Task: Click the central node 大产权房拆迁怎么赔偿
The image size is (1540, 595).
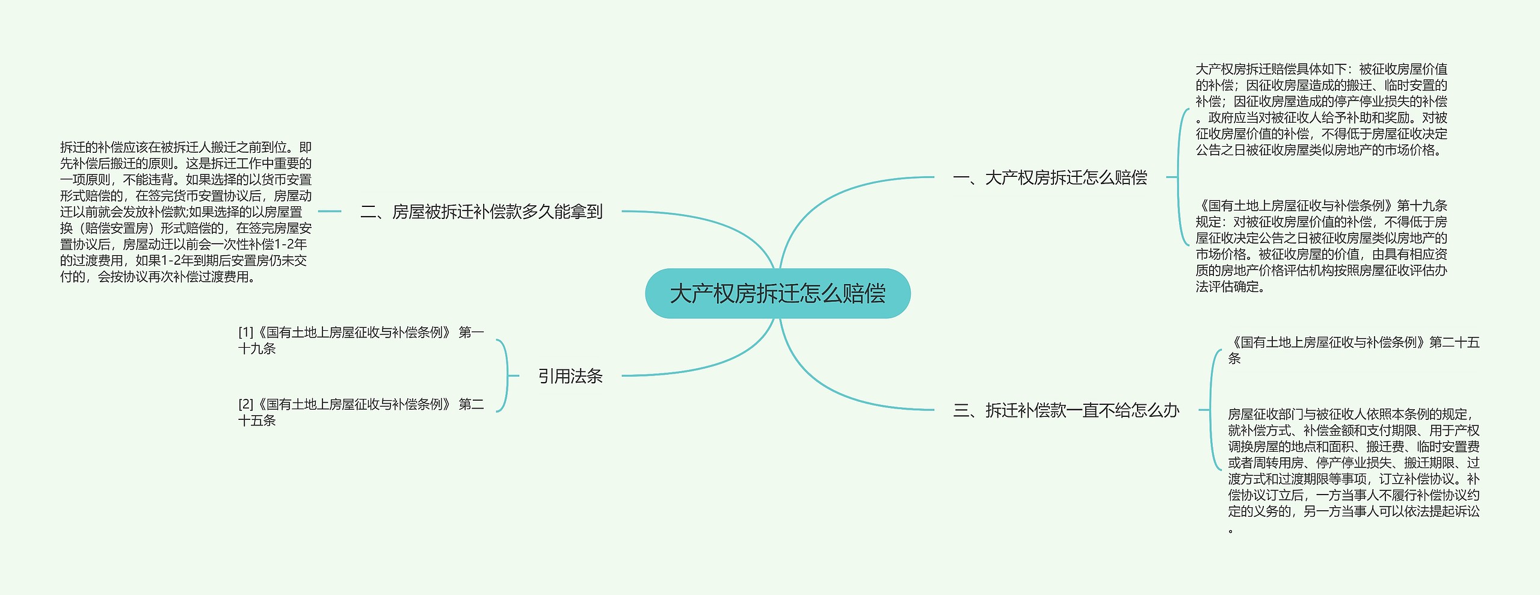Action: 777,294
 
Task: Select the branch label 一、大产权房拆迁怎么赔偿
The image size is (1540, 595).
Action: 1050,177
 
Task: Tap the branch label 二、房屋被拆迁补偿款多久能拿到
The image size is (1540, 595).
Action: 481,212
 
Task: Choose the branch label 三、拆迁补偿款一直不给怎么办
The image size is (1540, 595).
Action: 1066,410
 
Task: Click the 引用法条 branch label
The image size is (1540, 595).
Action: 570,376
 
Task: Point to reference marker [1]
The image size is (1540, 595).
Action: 245,333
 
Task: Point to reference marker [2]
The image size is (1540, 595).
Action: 245,404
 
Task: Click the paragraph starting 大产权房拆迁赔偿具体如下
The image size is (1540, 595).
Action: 1321,109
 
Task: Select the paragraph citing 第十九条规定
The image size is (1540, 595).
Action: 1321,246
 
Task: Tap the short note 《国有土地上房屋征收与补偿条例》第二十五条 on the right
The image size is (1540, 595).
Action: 1353,350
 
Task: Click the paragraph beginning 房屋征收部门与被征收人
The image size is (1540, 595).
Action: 1353,463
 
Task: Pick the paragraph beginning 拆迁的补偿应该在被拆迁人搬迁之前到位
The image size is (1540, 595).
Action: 186,212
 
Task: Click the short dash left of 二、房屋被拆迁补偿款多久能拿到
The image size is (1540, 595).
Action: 329,212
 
